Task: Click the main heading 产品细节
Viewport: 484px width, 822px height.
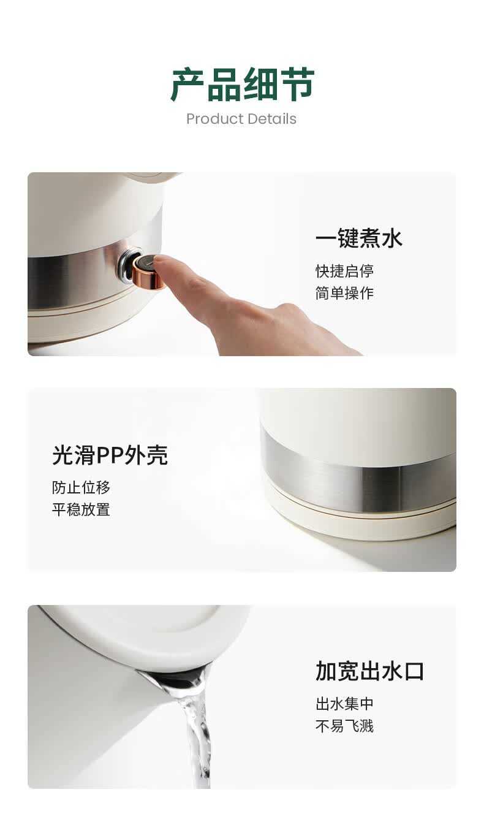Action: pyautogui.click(x=242, y=85)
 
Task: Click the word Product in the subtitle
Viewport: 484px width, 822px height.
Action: pyautogui.click(x=214, y=119)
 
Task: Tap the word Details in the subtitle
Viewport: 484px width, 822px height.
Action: pyautogui.click(x=271, y=119)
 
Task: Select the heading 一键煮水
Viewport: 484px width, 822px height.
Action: pyautogui.click(x=359, y=238)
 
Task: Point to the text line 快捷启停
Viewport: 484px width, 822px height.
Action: pyautogui.click(x=344, y=271)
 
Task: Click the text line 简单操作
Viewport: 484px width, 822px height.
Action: pyautogui.click(x=344, y=293)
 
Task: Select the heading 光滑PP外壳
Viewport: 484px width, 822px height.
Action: pyautogui.click(x=110, y=455)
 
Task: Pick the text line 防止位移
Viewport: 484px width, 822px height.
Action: pyautogui.click(x=81, y=487)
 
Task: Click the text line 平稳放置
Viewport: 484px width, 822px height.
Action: pyautogui.click(x=81, y=509)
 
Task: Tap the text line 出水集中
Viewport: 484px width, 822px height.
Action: pyautogui.click(x=344, y=704)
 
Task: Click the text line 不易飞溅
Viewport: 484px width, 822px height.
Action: pyautogui.click(x=344, y=726)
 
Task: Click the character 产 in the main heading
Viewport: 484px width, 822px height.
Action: pyautogui.click(x=187, y=85)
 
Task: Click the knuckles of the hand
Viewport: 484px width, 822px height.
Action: pyautogui.click(x=290, y=312)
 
